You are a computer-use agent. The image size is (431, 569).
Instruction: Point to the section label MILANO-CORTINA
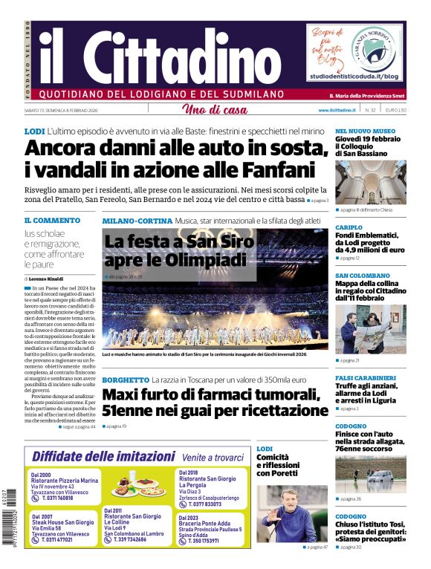(x=137, y=221)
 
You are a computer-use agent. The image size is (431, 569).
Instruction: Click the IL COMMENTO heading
(x=52, y=221)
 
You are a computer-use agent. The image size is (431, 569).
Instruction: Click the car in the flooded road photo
(x=380, y=475)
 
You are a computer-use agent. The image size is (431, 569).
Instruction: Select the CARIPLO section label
(x=349, y=227)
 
